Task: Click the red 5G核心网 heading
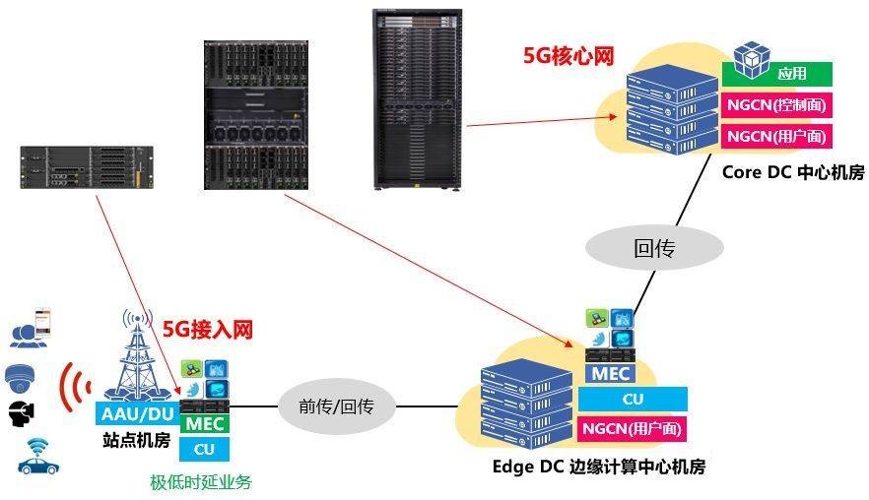(568, 56)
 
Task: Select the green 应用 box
(777, 73)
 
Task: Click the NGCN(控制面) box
(777, 104)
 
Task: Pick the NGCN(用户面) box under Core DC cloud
(777, 136)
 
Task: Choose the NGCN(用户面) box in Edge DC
(632, 428)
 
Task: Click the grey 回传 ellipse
(654, 249)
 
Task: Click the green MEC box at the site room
(205, 424)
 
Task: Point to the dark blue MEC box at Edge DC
(610, 373)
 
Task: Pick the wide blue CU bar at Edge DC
(632, 399)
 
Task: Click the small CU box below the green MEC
(204, 449)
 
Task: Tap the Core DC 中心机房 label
(793, 173)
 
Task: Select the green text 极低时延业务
(201, 482)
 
